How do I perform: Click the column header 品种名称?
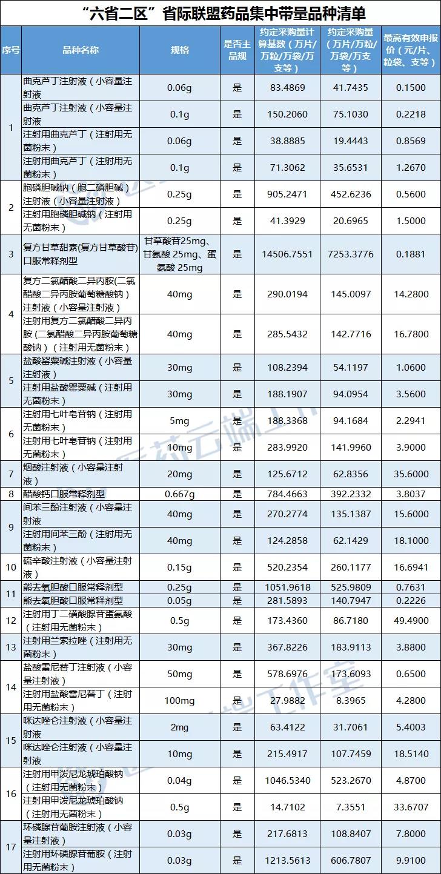[81, 50]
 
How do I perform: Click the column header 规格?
[179, 50]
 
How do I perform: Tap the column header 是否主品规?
[236, 50]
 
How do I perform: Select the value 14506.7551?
[288, 254]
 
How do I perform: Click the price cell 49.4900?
[411, 621]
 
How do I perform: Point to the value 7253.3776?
[351, 254]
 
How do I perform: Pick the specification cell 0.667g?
[179, 494]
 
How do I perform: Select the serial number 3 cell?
[10, 254]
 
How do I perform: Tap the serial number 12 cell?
[10, 621]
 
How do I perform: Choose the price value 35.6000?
[411, 474]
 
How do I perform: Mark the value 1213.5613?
[288, 861]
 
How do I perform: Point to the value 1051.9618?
[288, 587]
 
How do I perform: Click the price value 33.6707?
[411, 807]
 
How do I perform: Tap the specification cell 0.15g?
[179, 568]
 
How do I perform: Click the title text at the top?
[220, 13]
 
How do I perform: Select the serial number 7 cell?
[10, 474]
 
